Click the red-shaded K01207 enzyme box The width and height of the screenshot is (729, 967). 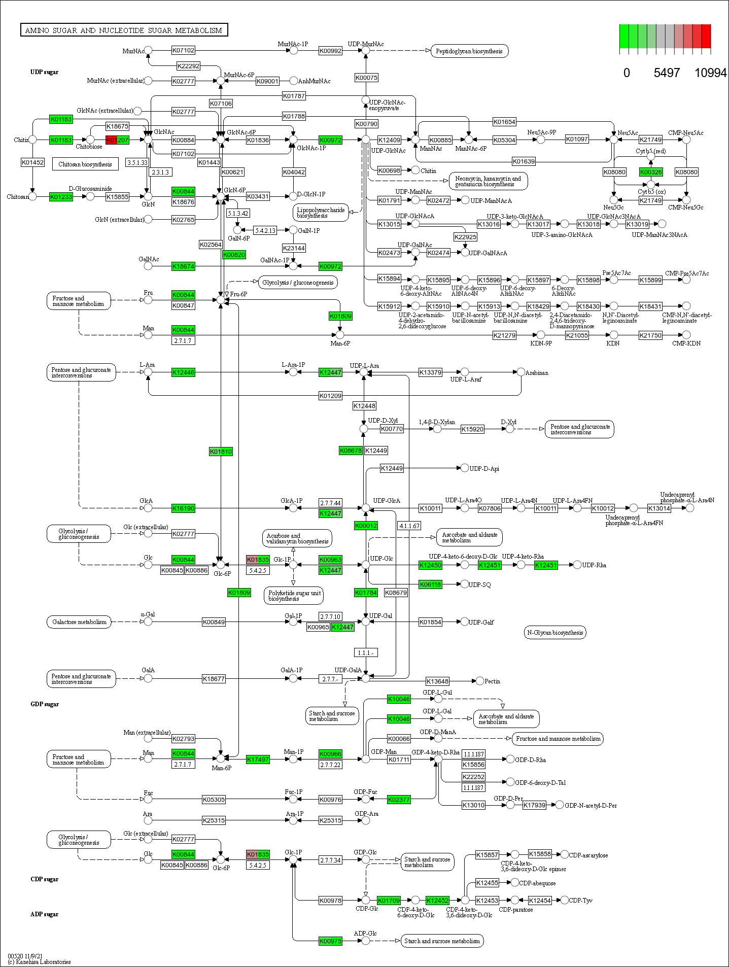117,140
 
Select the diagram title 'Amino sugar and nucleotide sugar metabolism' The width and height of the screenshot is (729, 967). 124,30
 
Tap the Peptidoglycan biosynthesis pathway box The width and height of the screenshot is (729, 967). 469,51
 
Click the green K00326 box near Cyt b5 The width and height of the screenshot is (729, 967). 651,172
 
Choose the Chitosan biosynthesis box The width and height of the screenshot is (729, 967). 85,164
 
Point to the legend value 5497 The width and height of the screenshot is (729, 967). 666,73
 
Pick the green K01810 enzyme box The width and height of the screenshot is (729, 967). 221,452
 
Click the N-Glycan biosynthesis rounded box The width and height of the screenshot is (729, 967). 555,633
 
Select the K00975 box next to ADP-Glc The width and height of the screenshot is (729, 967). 330,941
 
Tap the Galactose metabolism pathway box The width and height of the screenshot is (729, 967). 80,622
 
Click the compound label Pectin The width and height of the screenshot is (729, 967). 492,681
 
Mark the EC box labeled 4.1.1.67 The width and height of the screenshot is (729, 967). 409,526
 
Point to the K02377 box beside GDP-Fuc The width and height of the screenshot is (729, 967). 399,800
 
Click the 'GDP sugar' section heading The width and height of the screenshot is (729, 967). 45,704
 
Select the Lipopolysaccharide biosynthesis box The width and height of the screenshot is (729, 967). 321,213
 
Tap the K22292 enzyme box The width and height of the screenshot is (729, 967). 188,66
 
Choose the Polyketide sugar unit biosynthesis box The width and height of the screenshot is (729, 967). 294,596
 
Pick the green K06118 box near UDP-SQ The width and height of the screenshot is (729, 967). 430,584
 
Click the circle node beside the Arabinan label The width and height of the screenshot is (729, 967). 521,372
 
